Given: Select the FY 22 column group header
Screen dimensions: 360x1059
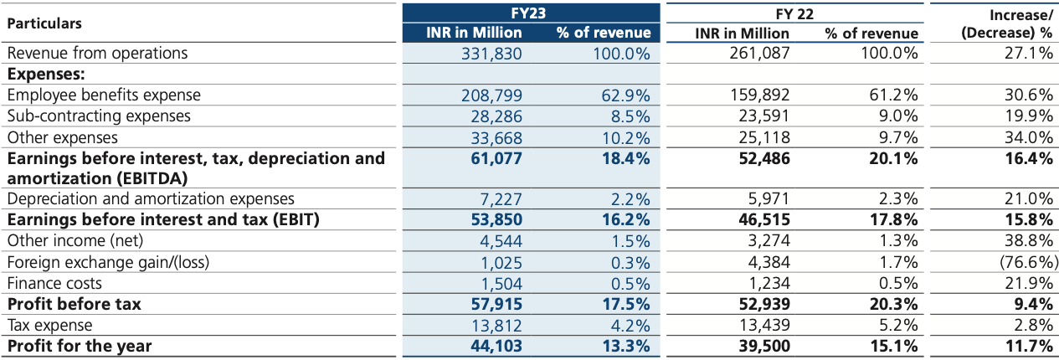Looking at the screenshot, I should pyautogui.click(x=795, y=13).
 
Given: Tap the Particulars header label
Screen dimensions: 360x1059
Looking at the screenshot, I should pyautogui.click(x=45, y=23).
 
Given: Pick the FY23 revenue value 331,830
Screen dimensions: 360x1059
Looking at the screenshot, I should pyautogui.click(x=491, y=54).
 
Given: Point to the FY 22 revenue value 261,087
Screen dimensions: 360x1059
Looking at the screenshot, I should pyautogui.click(x=756, y=54).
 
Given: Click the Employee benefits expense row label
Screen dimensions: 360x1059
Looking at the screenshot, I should pyautogui.click(x=104, y=95).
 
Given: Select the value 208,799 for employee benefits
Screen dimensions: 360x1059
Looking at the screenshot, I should pyautogui.click(x=491, y=95).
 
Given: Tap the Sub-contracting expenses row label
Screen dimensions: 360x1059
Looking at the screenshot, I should pyautogui.click(x=99, y=116).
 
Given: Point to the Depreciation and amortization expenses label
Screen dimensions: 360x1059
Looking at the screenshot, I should pyautogui.click(x=151, y=199).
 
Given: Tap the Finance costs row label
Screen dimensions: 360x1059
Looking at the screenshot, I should pyautogui.click(x=54, y=283).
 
